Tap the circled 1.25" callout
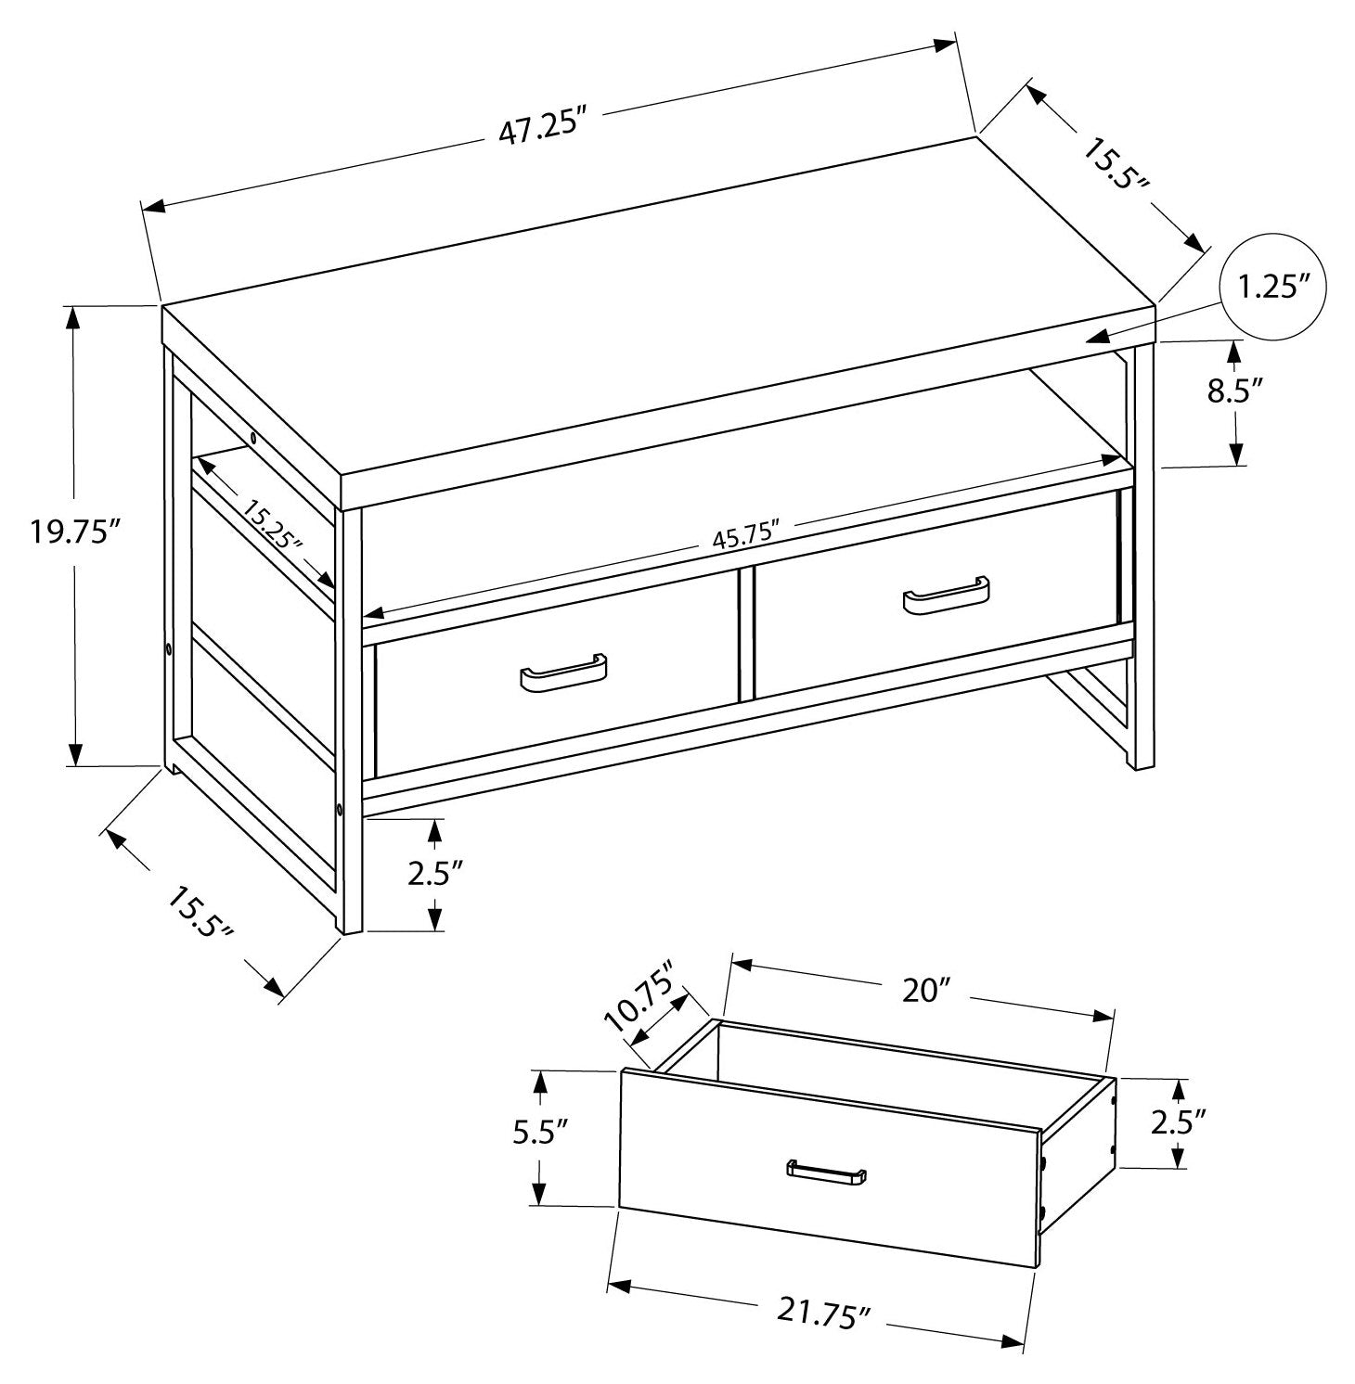pos(1271,288)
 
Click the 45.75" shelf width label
pos(743,537)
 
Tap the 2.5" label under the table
pos(434,874)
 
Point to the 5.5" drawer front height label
pos(539,1135)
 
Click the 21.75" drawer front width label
pos(824,1313)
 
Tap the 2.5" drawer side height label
pos(1178,1122)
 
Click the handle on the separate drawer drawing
pos(826,1172)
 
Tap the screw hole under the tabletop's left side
pos(252,437)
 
